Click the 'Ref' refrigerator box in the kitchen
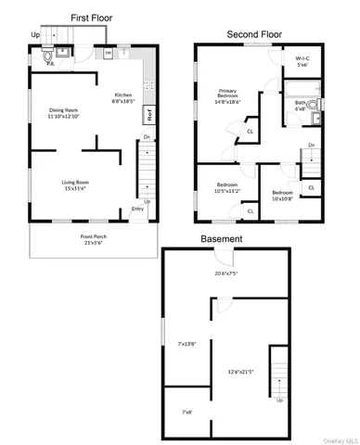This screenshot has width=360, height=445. tap(148, 116)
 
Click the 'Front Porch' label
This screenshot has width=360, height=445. tap(93, 236)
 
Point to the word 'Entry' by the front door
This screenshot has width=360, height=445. tap(137, 209)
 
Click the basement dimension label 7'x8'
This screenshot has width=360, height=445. tap(187, 412)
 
